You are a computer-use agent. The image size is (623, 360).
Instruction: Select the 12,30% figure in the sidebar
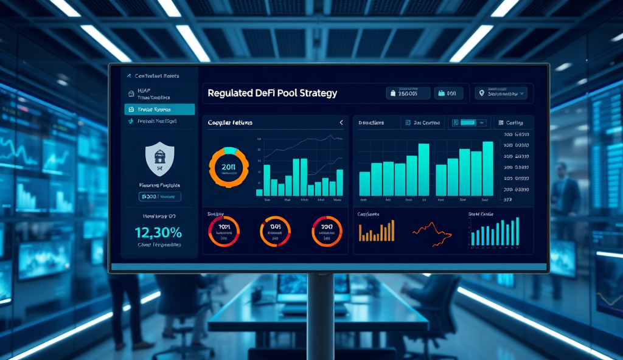[x=158, y=232]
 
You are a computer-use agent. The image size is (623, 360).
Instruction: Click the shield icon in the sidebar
[x=160, y=159]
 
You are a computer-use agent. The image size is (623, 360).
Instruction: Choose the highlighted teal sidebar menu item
[x=159, y=109]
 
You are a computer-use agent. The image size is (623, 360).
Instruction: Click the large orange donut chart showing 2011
[x=229, y=167]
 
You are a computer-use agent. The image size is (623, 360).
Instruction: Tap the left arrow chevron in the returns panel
[x=341, y=123]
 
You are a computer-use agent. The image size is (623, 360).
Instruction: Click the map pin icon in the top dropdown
[x=482, y=94]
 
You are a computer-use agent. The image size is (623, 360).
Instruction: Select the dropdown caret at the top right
[x=522, y=94]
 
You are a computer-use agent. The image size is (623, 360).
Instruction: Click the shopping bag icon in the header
[x=394, y=94]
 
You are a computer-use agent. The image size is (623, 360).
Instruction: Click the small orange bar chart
[x=377, y=232]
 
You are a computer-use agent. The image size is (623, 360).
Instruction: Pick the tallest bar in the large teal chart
[x=487, y=168]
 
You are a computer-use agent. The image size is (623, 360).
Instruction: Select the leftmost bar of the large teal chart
[x=365, y=183]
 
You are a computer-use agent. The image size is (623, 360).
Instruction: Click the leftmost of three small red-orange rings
[x=224, y=232]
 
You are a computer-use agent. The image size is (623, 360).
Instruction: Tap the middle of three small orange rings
[x=275, y=232]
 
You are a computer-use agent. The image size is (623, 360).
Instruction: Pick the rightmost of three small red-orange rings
[x=327, y=232]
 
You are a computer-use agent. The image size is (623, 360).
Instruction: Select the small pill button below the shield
[x=159, y=196]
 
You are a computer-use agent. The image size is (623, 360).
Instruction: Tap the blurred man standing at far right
[x=565, y=201]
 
